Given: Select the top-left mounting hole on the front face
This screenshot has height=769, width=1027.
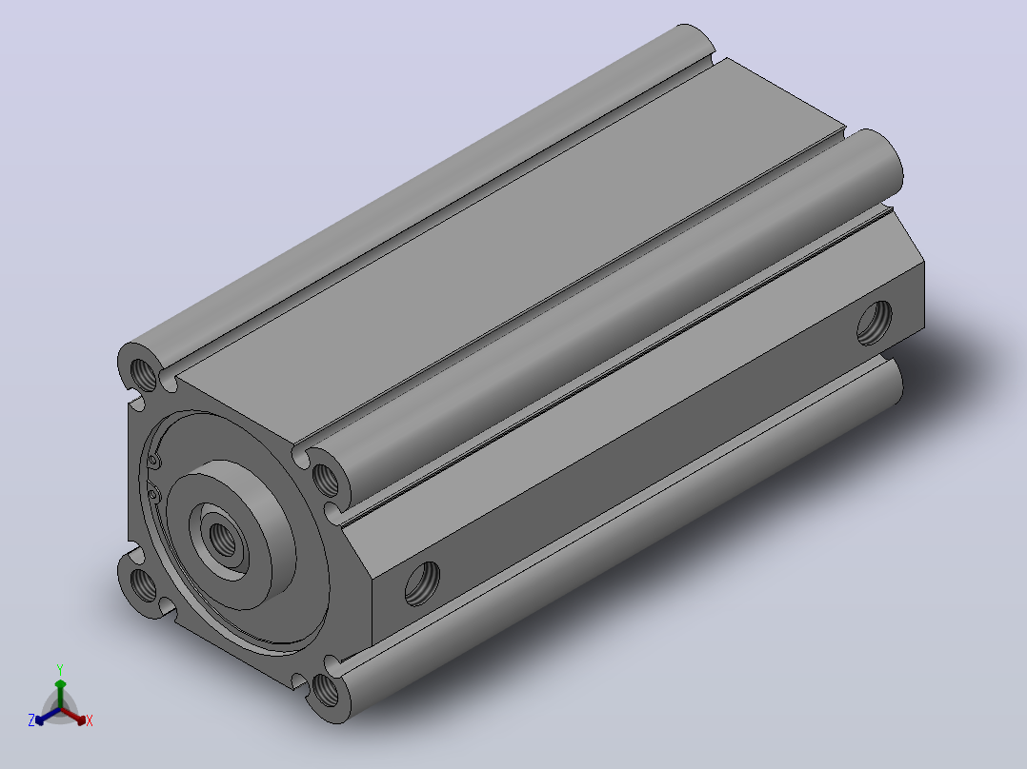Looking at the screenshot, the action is [144, 374].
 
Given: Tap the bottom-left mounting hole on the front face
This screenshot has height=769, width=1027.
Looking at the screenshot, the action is [144, 585].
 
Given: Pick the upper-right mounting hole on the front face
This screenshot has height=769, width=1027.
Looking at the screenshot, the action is [326, 479].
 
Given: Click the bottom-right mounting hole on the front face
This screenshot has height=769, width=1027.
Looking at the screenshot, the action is [326, 690].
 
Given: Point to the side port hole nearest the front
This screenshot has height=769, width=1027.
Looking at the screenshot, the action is [422, 583].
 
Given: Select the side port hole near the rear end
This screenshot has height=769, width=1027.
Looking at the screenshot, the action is [875, 323].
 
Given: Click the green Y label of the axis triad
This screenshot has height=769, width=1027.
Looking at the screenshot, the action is [60, 669].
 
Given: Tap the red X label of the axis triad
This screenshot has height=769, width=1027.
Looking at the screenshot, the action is [90, 720].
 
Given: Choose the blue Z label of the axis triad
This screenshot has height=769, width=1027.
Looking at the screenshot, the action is [30, 720].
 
